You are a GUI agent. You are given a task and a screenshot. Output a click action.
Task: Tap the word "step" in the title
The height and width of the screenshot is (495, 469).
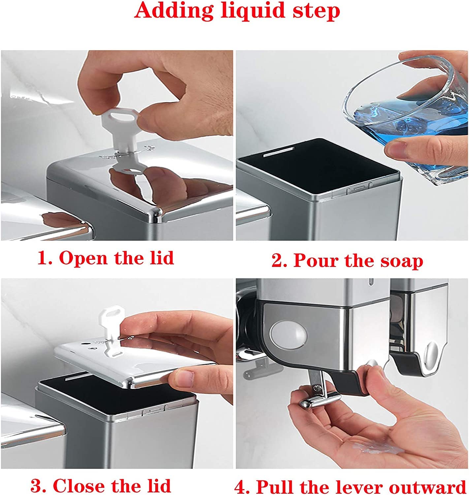coord(316,12)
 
